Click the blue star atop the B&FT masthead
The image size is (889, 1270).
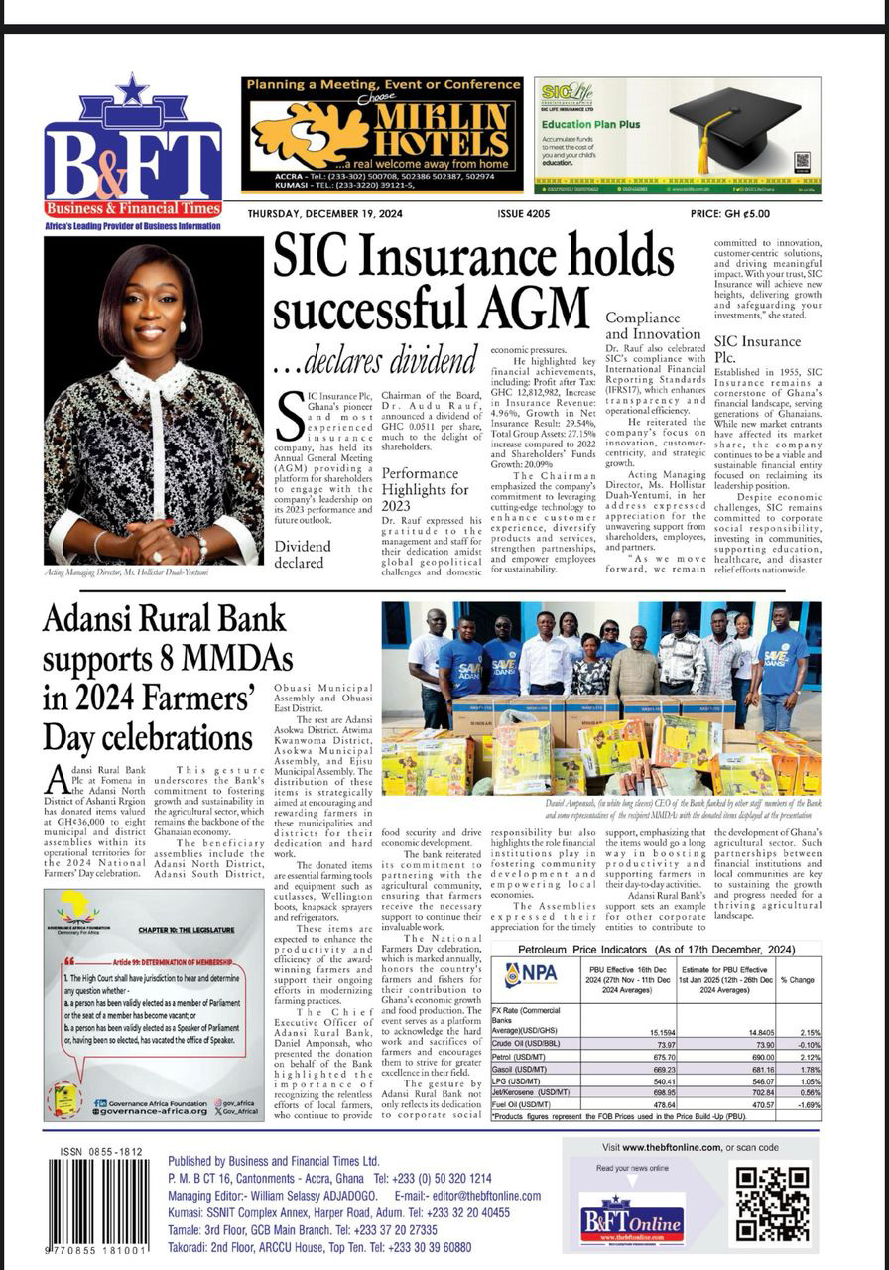(132, 89)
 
